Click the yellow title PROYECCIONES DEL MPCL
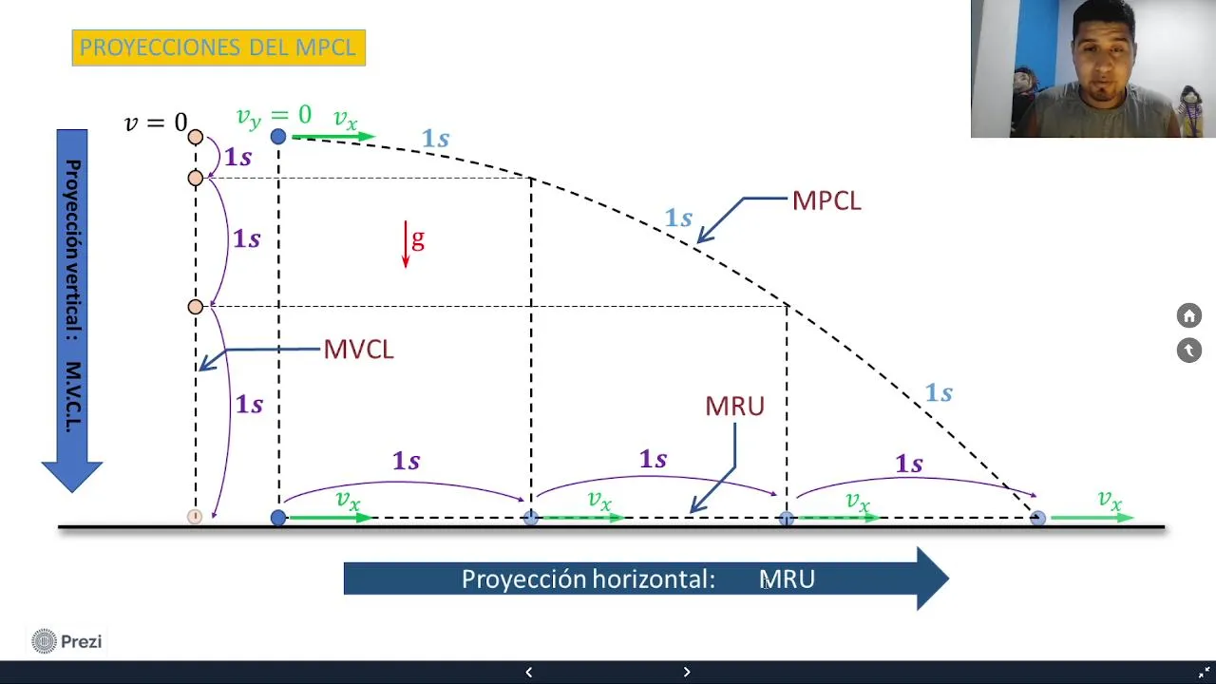point(218,47)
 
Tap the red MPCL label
point(826,200)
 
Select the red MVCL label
point(358,349)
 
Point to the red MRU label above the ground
point(734,406)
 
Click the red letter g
point(417,239)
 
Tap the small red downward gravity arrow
point(406,244)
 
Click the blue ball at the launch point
point(278,136)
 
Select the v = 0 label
point(156,123)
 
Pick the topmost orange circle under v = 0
point(196,137)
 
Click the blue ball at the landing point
point(1037,518)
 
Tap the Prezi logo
point(66,641)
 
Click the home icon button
point(1188,315)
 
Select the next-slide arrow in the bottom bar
point(687,672)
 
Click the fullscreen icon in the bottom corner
point(1204,672)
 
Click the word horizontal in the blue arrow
point(654,579)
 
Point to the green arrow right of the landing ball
point(1092,518)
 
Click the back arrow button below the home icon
point(1188,351)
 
